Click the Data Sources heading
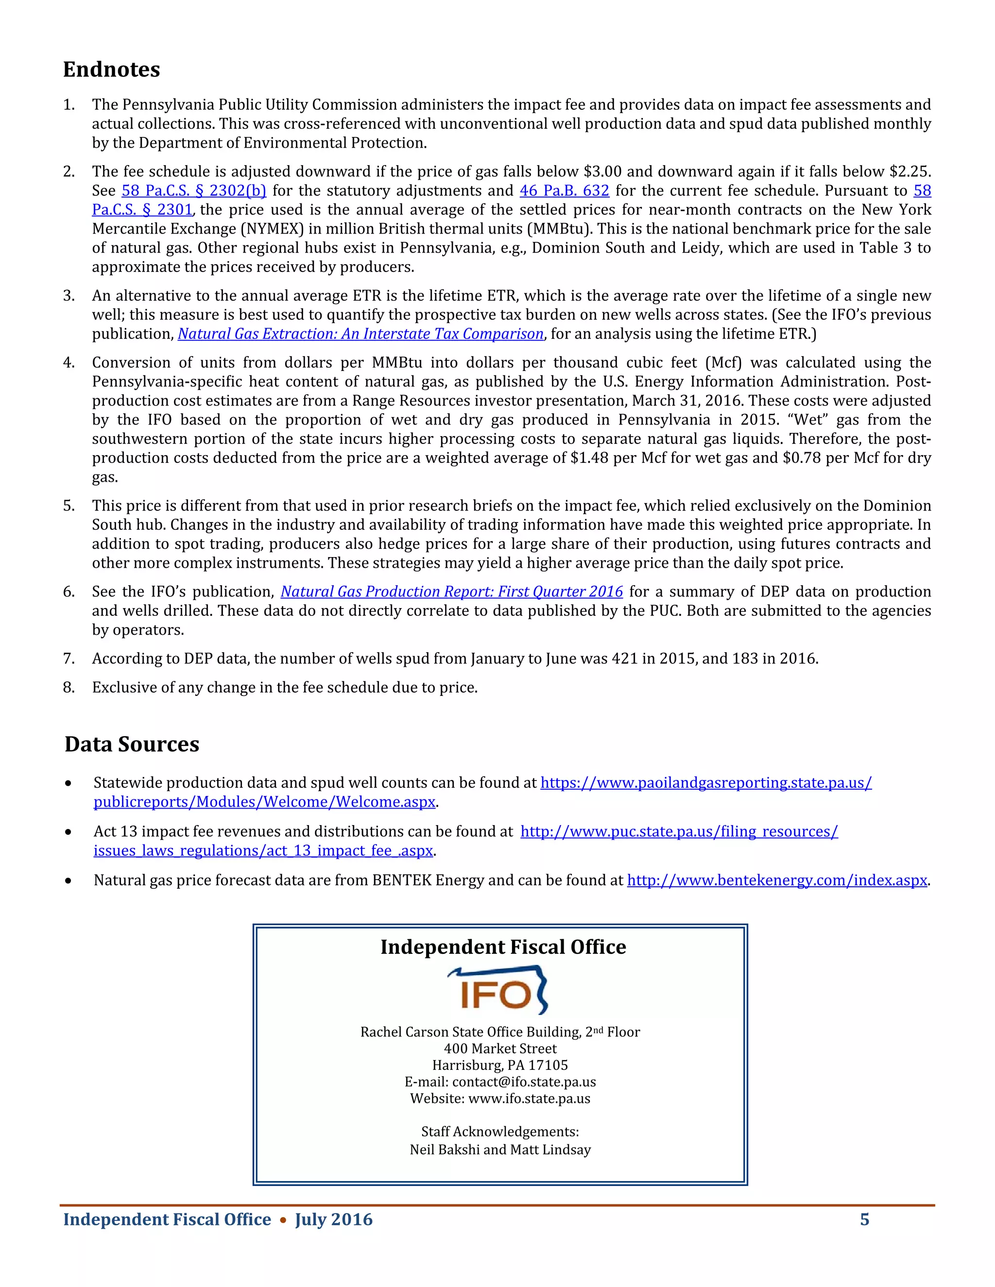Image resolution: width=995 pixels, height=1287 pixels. coord(132,744)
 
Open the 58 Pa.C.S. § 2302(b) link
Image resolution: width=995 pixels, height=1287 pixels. coord(194,191)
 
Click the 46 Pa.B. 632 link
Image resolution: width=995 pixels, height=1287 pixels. coord(564,191)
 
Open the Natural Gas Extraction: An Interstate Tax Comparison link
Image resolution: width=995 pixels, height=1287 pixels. coord(360,334)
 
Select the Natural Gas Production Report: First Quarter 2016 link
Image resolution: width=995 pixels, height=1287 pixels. coord(451,592)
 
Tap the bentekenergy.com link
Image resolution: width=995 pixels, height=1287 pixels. coord(777,881)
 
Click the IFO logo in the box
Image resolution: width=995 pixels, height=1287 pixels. coord(498,991)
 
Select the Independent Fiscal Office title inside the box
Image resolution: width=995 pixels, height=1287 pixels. coord(503,947)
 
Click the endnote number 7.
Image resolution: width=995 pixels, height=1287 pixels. coord(69,659)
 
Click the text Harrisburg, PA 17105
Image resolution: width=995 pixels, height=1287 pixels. coord(500,1066)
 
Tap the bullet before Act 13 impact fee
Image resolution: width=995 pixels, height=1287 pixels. coord(69,832)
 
